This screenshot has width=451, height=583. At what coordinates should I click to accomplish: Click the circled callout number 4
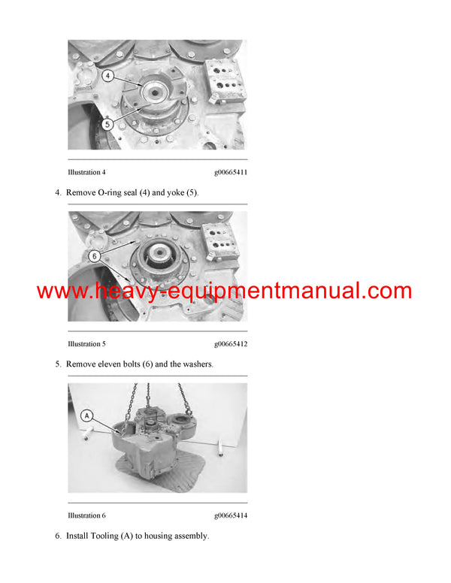click(x=108, y=76)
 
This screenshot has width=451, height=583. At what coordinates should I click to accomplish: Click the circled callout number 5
click(x=108, y=124)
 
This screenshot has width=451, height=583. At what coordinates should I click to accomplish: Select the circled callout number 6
click(x=95, y=255)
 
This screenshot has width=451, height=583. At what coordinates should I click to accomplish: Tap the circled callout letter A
click(x=86, y=415)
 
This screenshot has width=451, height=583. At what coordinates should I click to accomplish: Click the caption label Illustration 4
click(x=86, y=173)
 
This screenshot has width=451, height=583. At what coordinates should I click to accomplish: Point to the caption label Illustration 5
click(x=86, y=344)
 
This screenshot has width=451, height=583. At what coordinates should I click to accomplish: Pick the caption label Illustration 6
click(x=86, y=515)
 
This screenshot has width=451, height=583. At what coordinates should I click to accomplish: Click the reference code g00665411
click(x=231, y=173)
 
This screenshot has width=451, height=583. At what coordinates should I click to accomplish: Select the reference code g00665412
click(x=231, y=344)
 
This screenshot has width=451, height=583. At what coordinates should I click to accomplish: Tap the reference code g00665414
click(x=231, y=515)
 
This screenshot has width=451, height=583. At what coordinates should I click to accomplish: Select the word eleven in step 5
click(x=114, y=364)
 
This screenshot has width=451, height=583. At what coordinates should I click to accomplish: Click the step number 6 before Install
click(x=58, y=536)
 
